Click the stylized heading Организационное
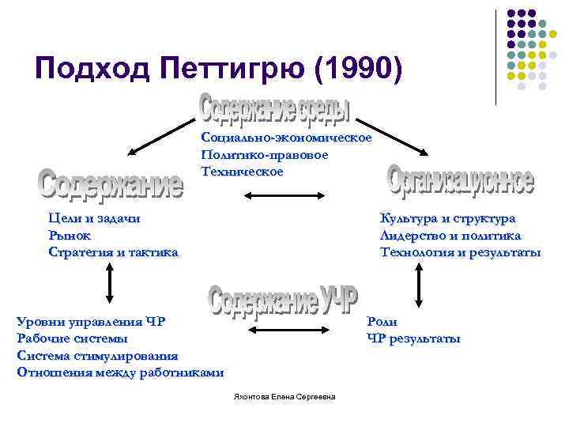(461, 180)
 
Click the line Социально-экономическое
(286, 138)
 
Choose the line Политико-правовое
(265, 155)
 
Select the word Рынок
(70, 235)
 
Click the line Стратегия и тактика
(113, 252)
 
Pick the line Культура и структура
(447, 218)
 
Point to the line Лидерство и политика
(450, 235)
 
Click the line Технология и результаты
(460, 252)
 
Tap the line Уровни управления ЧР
(91, 321)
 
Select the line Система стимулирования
(97, 356)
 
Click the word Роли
(382, 321)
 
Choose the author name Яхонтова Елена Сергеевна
(285, 395)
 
